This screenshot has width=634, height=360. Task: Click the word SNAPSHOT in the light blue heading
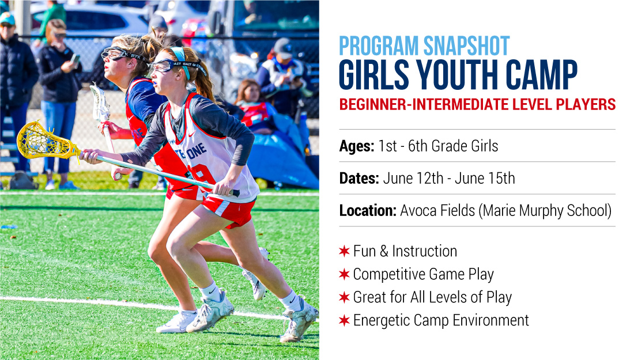466,46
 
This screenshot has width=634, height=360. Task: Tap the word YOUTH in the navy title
457,74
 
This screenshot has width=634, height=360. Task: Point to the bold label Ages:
357,146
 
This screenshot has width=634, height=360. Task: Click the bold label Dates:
359,178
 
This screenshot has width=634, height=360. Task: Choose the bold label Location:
368,210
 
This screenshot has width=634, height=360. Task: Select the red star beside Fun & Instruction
344,251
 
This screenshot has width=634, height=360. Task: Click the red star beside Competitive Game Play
344,274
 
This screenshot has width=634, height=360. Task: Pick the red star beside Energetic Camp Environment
344,320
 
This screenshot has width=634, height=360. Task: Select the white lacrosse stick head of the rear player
99,102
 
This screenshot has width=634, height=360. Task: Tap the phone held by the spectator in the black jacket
75,59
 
